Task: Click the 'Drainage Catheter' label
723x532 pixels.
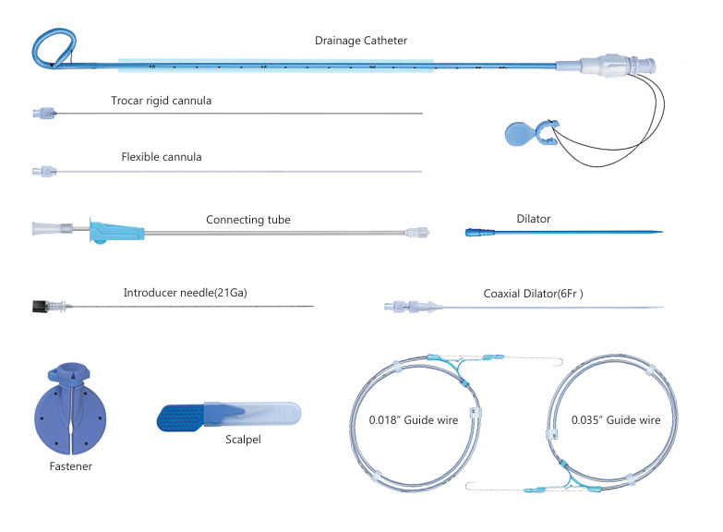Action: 360,41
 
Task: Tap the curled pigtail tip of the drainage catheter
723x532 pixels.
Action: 52,46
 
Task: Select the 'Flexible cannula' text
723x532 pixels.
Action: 162,157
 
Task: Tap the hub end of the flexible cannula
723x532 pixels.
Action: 42,171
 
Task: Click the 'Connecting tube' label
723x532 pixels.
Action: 247,220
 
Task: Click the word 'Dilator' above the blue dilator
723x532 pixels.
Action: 534,219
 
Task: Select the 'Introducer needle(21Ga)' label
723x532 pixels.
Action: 185,293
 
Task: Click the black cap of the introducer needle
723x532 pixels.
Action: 39,306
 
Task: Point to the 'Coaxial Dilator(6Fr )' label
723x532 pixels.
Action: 533,294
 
